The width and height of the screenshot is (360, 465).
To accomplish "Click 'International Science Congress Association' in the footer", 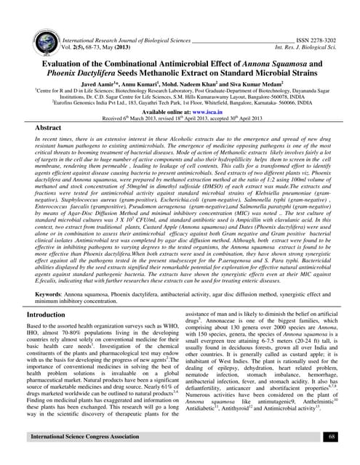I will [81, 437].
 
